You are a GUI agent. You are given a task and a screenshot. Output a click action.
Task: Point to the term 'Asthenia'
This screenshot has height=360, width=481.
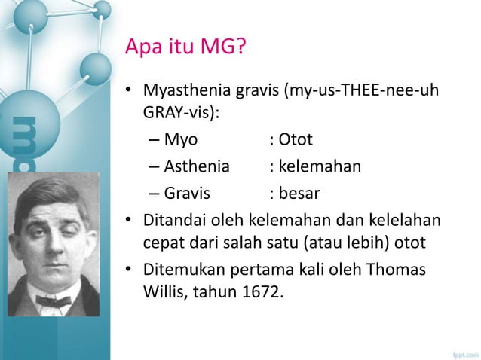pos(196,167)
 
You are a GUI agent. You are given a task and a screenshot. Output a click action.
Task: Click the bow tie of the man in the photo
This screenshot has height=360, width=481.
pos(53,301)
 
